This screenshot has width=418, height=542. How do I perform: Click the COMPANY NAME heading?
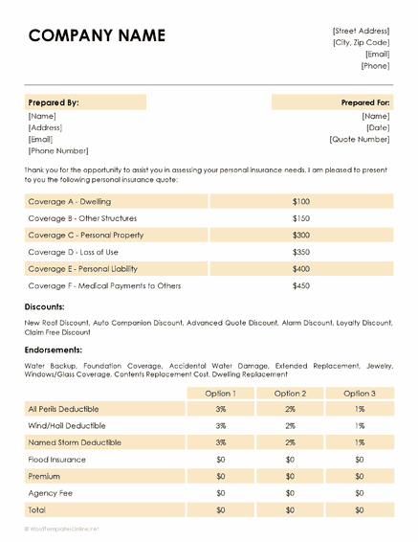(97, 36)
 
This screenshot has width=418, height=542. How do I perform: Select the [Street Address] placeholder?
(361, 31)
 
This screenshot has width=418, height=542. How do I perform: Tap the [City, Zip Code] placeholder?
(361, 42)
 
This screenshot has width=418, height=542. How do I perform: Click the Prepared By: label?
(54, 102)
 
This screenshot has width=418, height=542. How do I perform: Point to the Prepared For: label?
(365, 102)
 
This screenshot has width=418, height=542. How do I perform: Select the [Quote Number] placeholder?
(360, 139)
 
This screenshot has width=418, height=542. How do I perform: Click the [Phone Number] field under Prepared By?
(58, 150)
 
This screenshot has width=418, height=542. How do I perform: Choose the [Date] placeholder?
(377, 127)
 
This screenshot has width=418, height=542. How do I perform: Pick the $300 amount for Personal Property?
(301, 235)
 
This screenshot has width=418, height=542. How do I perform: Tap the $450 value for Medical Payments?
(301, 285)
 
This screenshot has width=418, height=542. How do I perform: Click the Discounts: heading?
(45, 307)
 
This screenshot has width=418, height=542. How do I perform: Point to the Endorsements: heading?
(53, 350)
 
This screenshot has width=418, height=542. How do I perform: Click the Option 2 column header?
(290, 393)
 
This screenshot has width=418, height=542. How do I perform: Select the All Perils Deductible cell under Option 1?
(220, 409)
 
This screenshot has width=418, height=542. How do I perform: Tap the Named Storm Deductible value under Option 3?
(360, 442)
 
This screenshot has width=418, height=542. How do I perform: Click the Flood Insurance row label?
(56, 460)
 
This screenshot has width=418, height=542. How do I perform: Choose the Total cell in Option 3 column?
(360, 510)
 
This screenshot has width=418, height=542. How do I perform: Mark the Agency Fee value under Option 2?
(290, 493)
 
